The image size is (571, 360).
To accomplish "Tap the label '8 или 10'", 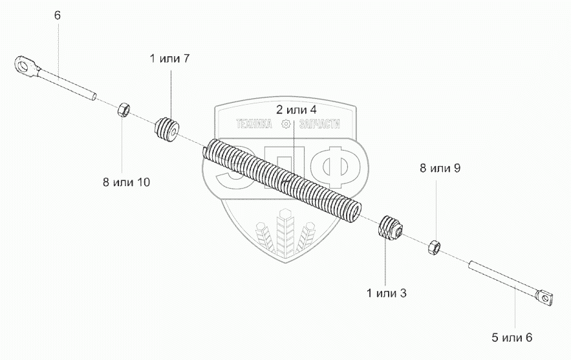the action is [x=126, y=182].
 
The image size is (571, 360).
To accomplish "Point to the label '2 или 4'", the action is [x=296, y=109].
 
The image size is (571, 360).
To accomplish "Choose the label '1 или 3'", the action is [x=386, y=293].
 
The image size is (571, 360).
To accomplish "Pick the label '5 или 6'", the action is [x=512, y=337].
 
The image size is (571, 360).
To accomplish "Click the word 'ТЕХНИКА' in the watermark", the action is [x=255, y=126].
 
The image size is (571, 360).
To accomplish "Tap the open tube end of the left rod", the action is [x=94, y=97].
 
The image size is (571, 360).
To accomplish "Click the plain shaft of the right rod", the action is [x=498, y=277].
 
